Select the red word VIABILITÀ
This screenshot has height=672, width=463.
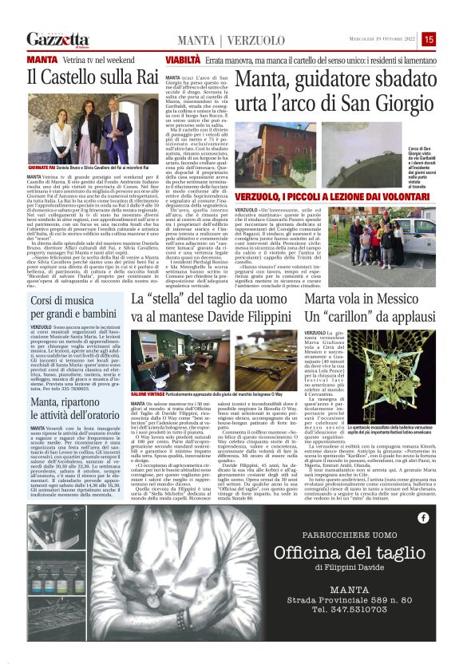click(184, 60)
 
